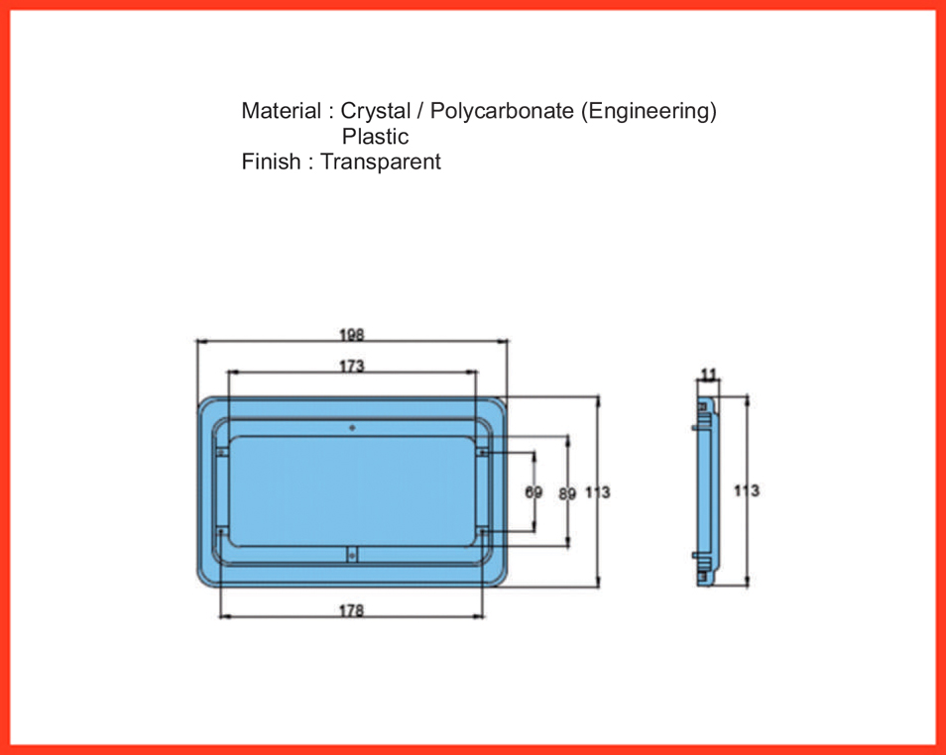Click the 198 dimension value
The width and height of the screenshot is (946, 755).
point(352,335)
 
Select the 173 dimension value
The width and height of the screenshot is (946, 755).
point(352,366)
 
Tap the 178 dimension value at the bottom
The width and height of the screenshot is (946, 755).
point(351,611)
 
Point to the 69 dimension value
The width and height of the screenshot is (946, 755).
point(533,492)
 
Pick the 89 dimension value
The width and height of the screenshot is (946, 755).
point(567,493)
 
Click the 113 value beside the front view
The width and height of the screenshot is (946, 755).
point(598,492)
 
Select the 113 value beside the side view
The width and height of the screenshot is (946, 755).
point(747,490)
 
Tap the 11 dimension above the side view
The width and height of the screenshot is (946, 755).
point(710,375)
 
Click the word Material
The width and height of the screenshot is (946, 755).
point(282,111)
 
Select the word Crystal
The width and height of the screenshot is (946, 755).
point(375,112)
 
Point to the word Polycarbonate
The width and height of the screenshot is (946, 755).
point(502,112)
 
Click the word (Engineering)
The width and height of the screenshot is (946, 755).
point(650,112)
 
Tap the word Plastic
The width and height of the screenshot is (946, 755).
point(375,137)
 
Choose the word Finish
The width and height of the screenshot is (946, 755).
point(271,162)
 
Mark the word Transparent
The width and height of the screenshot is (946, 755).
point(381,162)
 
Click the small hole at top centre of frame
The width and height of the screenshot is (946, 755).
point(352,428)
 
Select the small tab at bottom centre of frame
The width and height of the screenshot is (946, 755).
point(352,554)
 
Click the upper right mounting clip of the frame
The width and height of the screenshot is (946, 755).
point(482,452)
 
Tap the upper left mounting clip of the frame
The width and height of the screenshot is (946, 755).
point(222,452)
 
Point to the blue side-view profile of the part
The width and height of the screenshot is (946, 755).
point(706,491)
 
